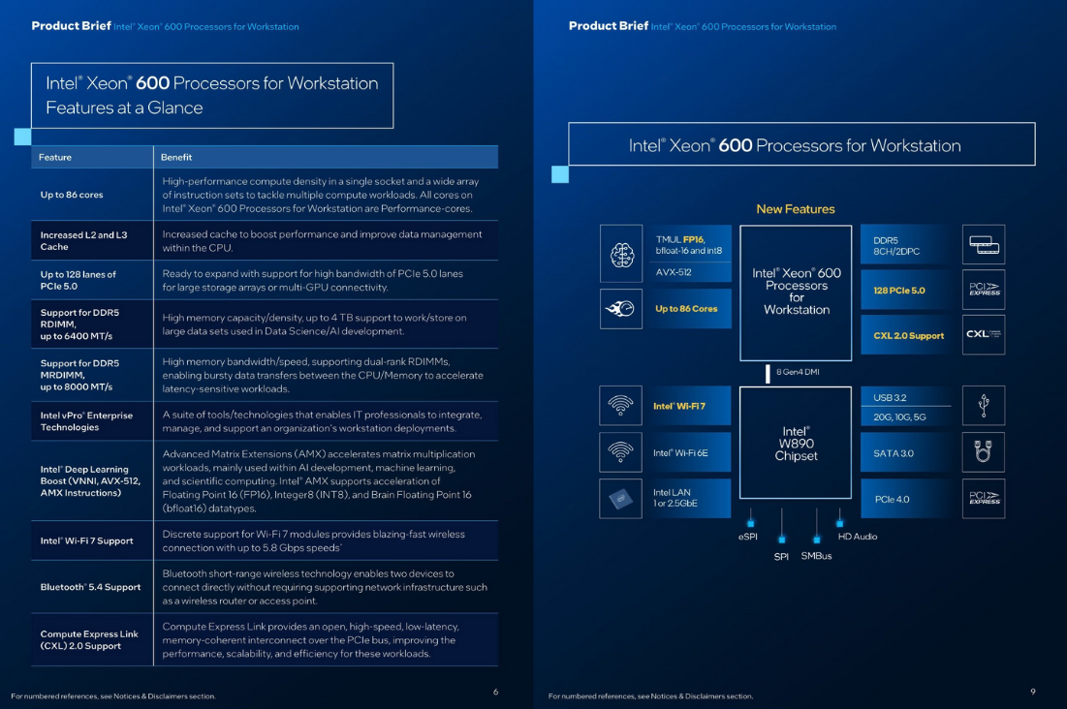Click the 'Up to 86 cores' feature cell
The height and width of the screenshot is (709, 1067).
72,195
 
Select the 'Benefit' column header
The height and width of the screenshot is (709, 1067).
176,157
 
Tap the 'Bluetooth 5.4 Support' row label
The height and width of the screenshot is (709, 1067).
90,587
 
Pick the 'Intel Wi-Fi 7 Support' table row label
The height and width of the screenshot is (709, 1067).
87,540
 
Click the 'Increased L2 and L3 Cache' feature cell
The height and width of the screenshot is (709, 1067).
83,240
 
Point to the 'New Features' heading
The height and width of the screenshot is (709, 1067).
795,209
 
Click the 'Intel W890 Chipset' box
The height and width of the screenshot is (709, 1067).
796,444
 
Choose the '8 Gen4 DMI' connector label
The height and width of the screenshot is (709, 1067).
798,372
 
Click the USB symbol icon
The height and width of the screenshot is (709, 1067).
983,406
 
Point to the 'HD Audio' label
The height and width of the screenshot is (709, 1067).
857,537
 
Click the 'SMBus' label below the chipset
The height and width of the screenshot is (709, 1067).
816,556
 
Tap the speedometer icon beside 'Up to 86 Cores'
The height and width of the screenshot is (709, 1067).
621,309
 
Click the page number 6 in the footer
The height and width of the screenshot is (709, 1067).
495,692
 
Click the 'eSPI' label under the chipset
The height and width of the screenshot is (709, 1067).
748,537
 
